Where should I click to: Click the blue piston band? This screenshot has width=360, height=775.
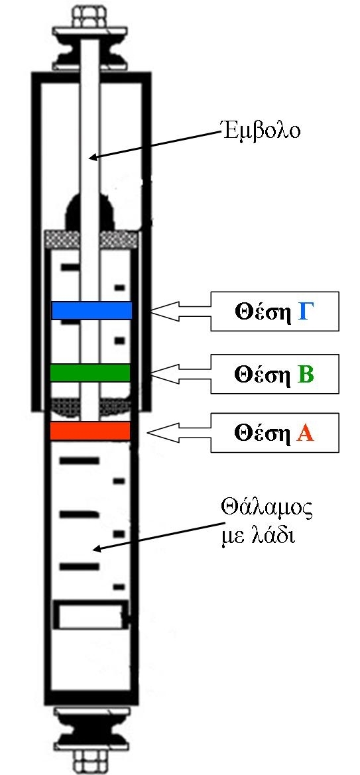(x=91, y=310)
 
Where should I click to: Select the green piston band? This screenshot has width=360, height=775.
(x=90, y=373)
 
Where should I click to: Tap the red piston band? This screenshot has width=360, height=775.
(x=90, y=430)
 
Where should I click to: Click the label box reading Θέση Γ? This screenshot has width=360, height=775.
(x=275, y=312)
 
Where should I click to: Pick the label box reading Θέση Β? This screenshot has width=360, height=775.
(x=275, y=374)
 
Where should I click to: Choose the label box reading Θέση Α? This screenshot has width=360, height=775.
(x=275, y=432)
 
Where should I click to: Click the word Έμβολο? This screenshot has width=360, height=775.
(x=260, y=132)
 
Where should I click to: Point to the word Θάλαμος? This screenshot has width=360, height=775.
(x=267, y=510)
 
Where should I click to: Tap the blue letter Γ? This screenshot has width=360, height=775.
(x=306, y=312)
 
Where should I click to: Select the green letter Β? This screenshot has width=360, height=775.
(x=306, y=375)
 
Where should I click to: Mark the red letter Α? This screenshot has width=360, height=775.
(x=306, y=434)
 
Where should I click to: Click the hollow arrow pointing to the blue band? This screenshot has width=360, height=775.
(x=181, y=312)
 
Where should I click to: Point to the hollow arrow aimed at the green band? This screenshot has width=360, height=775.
(x=181, y=375)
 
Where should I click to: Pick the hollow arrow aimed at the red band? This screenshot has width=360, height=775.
(x=179, y=433)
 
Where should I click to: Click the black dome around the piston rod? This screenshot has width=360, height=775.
(x=90, y=213)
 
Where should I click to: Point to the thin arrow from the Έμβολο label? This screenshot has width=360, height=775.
(x=154, y=145)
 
